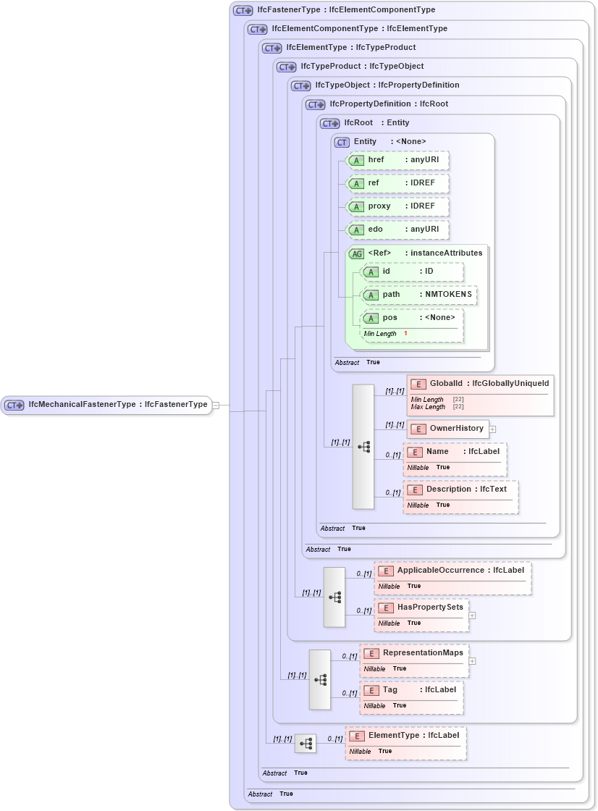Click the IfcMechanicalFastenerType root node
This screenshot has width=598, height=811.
tap(107, 405)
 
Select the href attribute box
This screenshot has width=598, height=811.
tap(397, 160)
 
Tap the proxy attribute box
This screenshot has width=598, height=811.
tap(397, 206)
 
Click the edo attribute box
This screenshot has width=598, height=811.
tap(397, 230)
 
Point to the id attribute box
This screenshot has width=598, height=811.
tap(412, 272)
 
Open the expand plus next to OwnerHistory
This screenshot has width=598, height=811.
tap(492, 429)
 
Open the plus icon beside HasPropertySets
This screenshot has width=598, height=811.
tap(472, 615)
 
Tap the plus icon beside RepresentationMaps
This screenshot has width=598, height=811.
tap(472, 660)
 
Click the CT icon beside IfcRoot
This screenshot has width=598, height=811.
tap(330, 123)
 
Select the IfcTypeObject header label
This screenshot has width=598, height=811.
tap(387, 85)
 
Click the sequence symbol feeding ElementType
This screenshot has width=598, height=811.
tap(306, 743)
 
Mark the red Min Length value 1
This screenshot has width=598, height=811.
tap(405, 333)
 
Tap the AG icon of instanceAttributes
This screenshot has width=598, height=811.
tap(357, 253)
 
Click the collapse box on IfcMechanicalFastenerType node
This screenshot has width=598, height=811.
tap(216, 405)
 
